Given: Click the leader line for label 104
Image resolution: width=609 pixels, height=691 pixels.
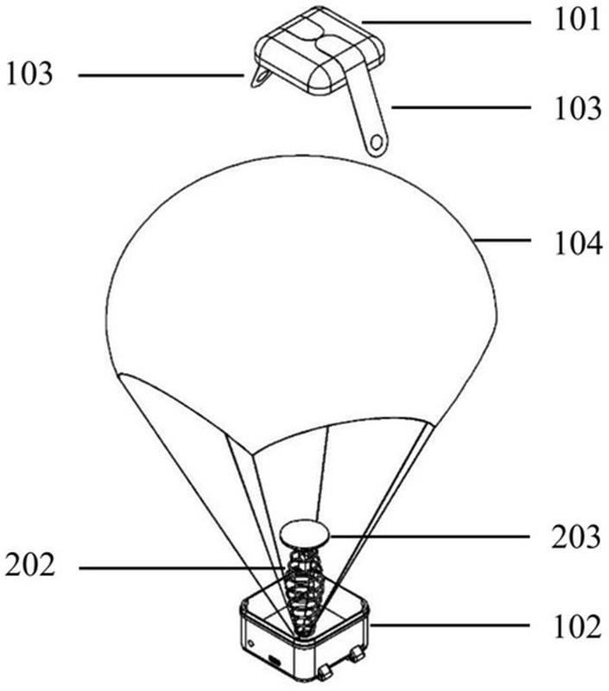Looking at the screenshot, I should [510, 244].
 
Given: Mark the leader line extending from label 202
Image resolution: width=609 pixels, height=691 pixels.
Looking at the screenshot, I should [181, 567].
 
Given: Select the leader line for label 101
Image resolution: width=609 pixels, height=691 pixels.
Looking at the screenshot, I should [449, 20].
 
